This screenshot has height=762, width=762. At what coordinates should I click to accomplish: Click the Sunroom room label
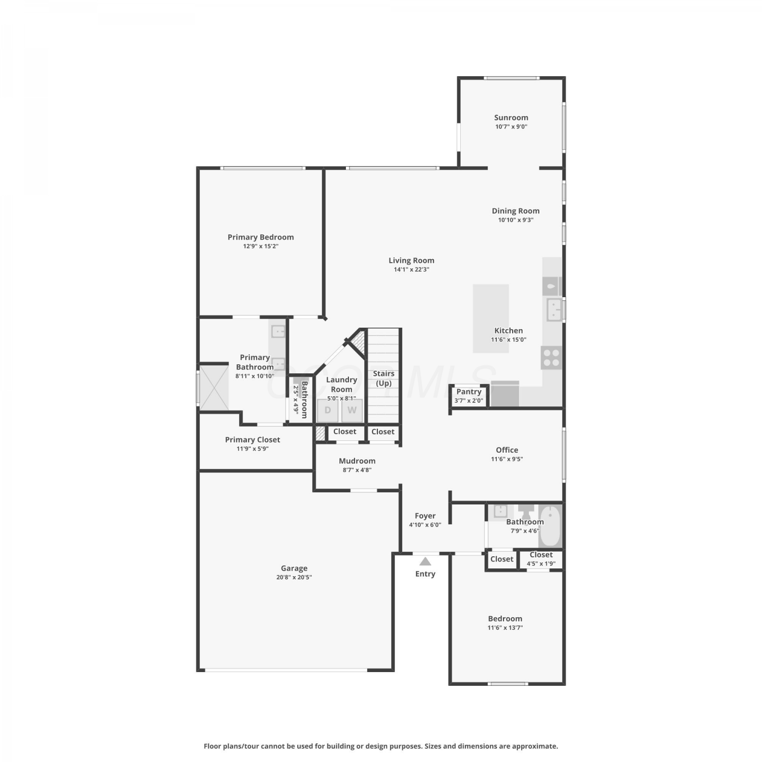click(511, 117)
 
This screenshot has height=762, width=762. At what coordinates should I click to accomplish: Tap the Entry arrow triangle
click(425, 561)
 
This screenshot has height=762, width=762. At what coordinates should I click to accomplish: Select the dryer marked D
click(328, 410)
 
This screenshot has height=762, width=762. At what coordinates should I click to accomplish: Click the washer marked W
click(352, 410)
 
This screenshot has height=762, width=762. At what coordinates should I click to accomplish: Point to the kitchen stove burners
click(551, 357)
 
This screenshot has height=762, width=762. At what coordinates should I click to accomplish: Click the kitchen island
click(491, 319)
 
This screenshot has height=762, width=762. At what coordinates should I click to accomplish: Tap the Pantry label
click(469, 392)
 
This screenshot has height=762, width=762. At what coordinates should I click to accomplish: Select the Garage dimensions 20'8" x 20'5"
click(294, 577)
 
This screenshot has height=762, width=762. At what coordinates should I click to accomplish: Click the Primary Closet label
click(252, 439)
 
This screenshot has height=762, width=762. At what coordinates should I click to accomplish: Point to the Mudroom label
click(357, 461)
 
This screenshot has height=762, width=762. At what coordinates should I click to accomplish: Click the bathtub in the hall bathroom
click(550, 526)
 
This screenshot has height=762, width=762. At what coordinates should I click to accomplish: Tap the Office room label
click(507, 450)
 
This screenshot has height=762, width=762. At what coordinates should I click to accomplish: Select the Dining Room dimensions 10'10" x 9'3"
click(516, 220)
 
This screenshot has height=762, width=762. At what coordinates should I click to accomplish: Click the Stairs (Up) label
click(384, 378)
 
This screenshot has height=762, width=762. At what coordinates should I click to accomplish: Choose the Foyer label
click(425, 516)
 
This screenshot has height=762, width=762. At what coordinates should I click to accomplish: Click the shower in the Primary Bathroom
click(214, 388)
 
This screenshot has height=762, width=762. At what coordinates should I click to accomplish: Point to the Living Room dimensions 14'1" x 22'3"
click(411, 270)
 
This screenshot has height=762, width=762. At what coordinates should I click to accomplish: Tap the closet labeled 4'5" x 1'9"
click(541, 559)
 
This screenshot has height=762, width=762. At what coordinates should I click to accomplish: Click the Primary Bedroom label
click(261, 237)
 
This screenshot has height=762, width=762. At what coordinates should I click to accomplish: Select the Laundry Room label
click(341, 384)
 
